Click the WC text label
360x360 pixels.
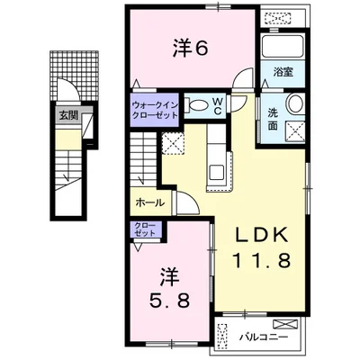tap(220, 104)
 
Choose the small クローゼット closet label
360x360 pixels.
tap(144, 229)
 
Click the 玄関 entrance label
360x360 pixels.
tap(67, 116)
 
